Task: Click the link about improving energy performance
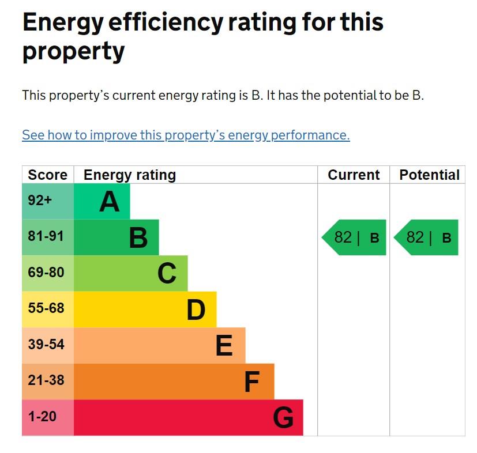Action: point(186,135)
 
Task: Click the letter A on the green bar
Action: point(110,202)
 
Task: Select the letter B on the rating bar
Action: point(138,237)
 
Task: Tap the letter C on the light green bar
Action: point(167,274)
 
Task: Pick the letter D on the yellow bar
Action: point(196,310)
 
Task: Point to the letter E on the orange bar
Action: point(224,346)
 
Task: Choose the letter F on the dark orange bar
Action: point(252,382)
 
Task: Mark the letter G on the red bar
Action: point(283,418)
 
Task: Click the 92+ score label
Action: point(40,201)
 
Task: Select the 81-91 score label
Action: point(46,236)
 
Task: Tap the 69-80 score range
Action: point(46,273)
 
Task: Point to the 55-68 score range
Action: point(46,308)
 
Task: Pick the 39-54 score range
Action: point(46,345)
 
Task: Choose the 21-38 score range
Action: point(46,380)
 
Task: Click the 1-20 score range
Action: point(43,416)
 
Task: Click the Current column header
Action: point(354,175)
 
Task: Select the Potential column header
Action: point(429,175)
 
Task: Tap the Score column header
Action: point(47,175)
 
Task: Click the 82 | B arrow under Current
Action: point(354,237)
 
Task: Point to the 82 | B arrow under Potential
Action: point(426,237)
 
